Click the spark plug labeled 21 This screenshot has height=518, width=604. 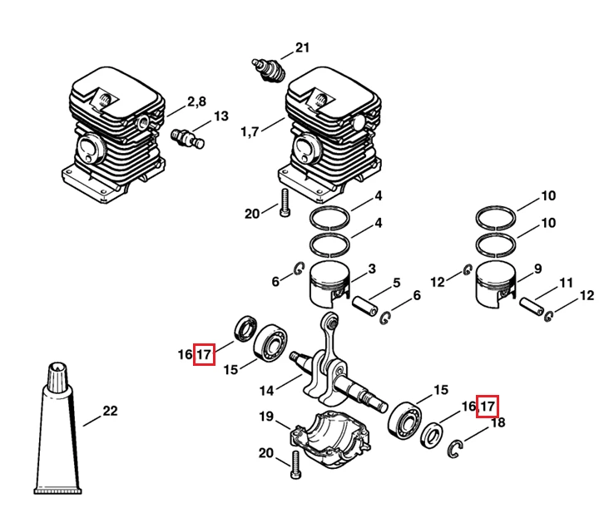[269, 70]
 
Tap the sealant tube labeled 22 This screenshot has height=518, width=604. [57, 428]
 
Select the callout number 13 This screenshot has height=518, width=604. [221, 116]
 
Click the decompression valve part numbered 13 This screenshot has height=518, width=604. [187, 138]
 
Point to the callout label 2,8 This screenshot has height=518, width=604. [197, 102]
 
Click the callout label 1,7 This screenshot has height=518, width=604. [250, 132]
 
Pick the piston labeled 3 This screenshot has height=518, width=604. [330, 284]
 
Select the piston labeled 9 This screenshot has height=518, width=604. [496, 284]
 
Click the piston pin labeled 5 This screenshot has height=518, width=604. [365, 306]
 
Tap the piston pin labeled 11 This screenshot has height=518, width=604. [532, 307]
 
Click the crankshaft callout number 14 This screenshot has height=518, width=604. [266, 391]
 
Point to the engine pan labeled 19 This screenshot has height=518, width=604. [329, 439]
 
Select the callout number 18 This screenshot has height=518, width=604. [498, 422]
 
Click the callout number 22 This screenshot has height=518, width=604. [110, 411]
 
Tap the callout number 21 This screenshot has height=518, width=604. [302, 47]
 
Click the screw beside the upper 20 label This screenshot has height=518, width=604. [285, 203]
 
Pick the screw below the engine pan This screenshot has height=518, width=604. [296, 465]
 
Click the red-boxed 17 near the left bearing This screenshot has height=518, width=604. [204, 354]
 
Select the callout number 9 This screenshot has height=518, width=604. [538, 269]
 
